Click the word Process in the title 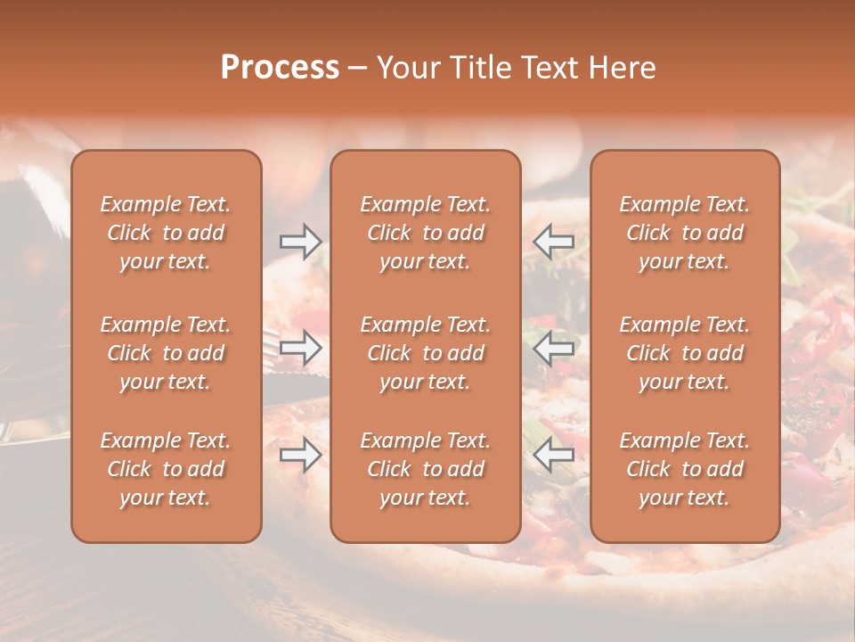click(x=280, y=68)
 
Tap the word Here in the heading click(x=620, y=68)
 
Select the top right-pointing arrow click(x=300, y=241)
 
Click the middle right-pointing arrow click(x=300, y=348)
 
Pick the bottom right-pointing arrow click(x=300, y=456)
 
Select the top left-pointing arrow click(x=554, y=241)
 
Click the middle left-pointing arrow click(x=554, y=348)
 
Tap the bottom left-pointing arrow click(x=554, y=456)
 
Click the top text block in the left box click(x=166, y=233)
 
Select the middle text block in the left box click(x=166, y=353)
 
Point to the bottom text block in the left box click(x=166, y=469)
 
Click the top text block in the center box click(x=425, y=233)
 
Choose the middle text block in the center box click(x=425, y=353)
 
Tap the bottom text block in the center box click(x=425, y=469)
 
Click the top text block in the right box click(x=684, y=233)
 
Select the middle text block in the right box click(x=684, y=353)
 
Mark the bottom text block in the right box click(x=684, y=469)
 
